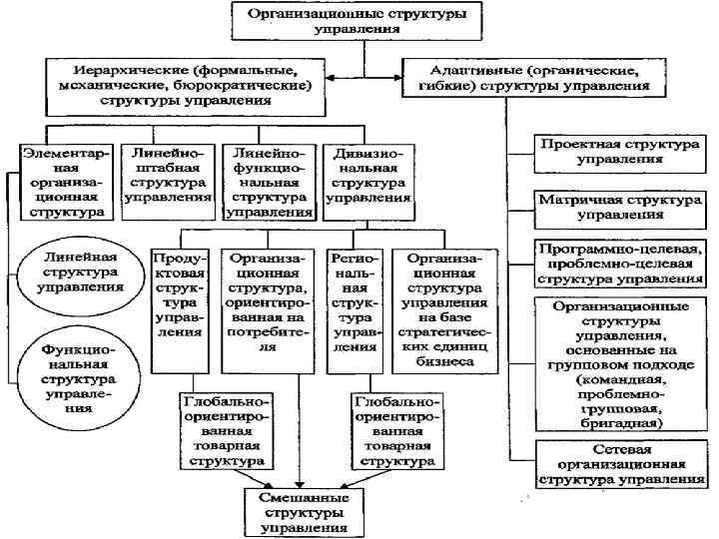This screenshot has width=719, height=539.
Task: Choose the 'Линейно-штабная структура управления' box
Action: point(168,176)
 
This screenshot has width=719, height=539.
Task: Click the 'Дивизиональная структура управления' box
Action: point(367,176)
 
